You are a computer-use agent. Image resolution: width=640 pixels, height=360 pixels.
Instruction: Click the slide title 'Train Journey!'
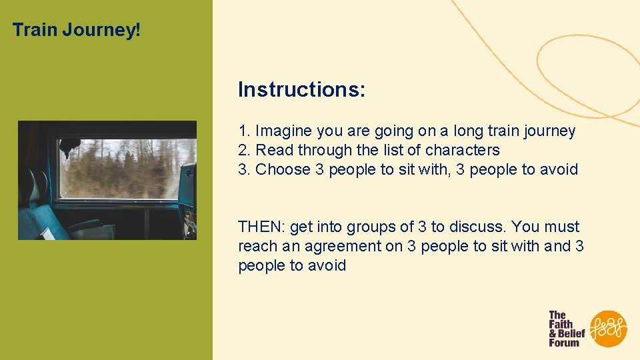point(77,30)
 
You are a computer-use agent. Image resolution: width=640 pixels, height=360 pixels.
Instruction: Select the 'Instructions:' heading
point(301,89)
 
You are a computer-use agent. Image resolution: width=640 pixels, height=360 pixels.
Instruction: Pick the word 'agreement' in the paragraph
point(343,246)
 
